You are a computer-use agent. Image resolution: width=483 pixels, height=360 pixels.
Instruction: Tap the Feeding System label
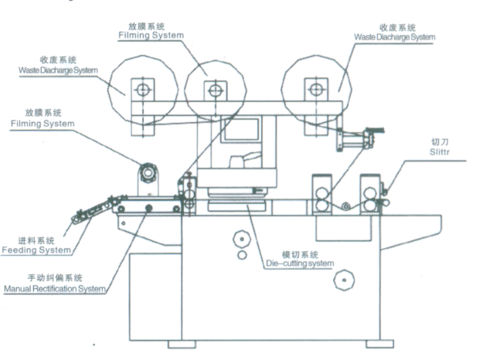click(x=36, y=250)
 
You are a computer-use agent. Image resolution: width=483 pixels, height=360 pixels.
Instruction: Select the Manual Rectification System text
click(x=55, y=289)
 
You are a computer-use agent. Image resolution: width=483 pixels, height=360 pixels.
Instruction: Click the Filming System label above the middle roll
click(x=151, y=35)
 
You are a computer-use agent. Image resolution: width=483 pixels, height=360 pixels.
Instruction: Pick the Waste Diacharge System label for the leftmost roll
click(x=59, y=70)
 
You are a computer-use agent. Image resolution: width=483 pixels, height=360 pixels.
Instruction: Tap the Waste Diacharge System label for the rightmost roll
click(x=395, y=36)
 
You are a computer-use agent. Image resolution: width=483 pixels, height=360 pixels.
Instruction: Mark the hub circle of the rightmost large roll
click(x=314, y=89)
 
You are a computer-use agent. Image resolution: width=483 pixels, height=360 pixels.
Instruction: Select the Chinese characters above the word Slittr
click(x=438, y=142)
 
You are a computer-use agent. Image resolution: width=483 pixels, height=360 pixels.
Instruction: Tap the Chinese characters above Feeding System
click(x=36, y=239)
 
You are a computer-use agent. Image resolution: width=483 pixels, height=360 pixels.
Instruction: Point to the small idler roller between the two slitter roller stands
click(x=345, y=205)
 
